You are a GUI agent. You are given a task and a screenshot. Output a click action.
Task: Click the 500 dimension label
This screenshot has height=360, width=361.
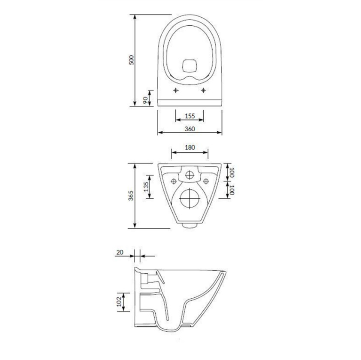click(x=131, y=60)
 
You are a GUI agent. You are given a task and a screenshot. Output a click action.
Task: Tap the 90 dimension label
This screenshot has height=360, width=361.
click(x=145, y=100)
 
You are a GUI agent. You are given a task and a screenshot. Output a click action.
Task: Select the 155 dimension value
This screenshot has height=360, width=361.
click(x=190, y=116)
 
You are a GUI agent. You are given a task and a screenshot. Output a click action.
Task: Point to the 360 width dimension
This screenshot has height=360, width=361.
click(x=190, y=129)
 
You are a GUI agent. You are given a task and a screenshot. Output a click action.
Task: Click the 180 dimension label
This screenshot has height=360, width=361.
click(x=190, y=147)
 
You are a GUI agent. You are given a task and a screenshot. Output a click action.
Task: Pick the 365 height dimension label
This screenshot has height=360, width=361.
click(x=131, y=195)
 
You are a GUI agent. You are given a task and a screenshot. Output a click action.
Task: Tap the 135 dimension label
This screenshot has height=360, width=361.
click(x=146, y=187)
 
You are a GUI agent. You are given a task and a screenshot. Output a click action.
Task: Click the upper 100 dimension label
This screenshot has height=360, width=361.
click(x=232, y=172)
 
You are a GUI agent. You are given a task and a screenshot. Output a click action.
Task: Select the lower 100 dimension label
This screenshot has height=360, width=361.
click(x=232, y=190)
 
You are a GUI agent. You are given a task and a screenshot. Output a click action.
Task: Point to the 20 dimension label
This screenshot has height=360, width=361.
click(x=120, y=252)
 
